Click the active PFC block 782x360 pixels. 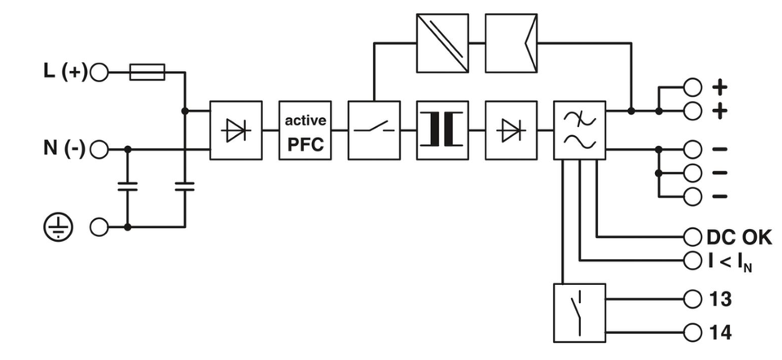[x=305, y=130]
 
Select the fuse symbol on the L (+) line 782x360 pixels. [x=148, y=72]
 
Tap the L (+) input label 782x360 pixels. [x=64, y=72]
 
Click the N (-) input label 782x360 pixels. [x=64, y=150]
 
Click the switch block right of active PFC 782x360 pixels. [x=374, y=130]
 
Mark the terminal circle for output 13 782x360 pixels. [x=692, y=300]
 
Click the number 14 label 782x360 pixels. [x=720, y=332]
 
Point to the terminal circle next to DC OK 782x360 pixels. [x=692, y=237]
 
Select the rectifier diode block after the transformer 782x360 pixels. [x=511, y=130]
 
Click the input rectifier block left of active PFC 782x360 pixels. [x=236, y=130]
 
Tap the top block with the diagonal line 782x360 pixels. [x=442, y=43]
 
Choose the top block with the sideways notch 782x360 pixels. [x=511, y=43]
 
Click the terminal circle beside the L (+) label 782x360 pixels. [x=99, y=72]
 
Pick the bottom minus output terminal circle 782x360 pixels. [x=692, y=195]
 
